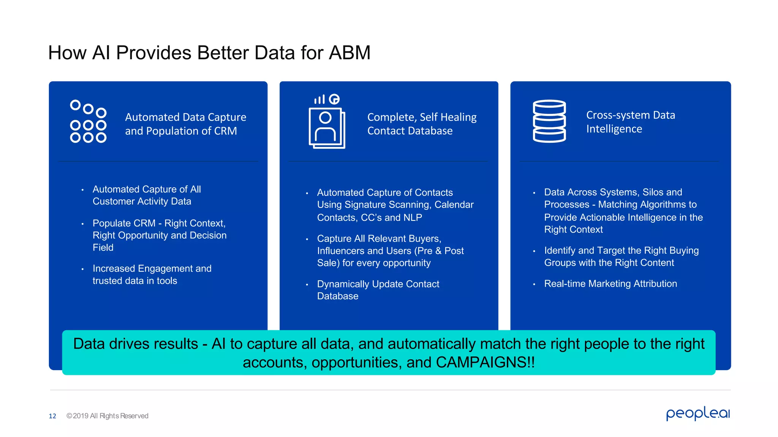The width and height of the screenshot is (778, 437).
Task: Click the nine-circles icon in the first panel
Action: (88, 121)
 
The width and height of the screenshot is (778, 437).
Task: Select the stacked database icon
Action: (549, 121)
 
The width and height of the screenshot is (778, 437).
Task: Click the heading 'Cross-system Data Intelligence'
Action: (630, 122)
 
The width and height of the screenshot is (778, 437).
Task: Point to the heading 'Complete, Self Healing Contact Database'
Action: (422, 124)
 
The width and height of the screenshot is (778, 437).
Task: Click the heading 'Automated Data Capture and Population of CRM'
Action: (185, 124)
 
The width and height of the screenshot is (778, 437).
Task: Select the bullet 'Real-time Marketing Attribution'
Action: (610, 284)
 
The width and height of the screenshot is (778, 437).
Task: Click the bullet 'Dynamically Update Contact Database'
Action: (378, 290)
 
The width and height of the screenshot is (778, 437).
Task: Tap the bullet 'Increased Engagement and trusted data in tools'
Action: (152, 275)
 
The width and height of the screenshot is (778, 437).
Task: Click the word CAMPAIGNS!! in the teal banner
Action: (485, 362)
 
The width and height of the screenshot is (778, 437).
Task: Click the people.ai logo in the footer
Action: (698, 413)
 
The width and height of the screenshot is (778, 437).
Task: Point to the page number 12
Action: (52, 416)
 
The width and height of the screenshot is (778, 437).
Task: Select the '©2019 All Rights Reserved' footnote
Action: (107, 416)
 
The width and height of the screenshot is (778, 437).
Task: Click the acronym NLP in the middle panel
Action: (412, 218)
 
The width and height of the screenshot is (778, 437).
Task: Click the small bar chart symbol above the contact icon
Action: (319, 99)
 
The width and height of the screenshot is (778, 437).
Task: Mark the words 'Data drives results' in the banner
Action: (135, 344)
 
